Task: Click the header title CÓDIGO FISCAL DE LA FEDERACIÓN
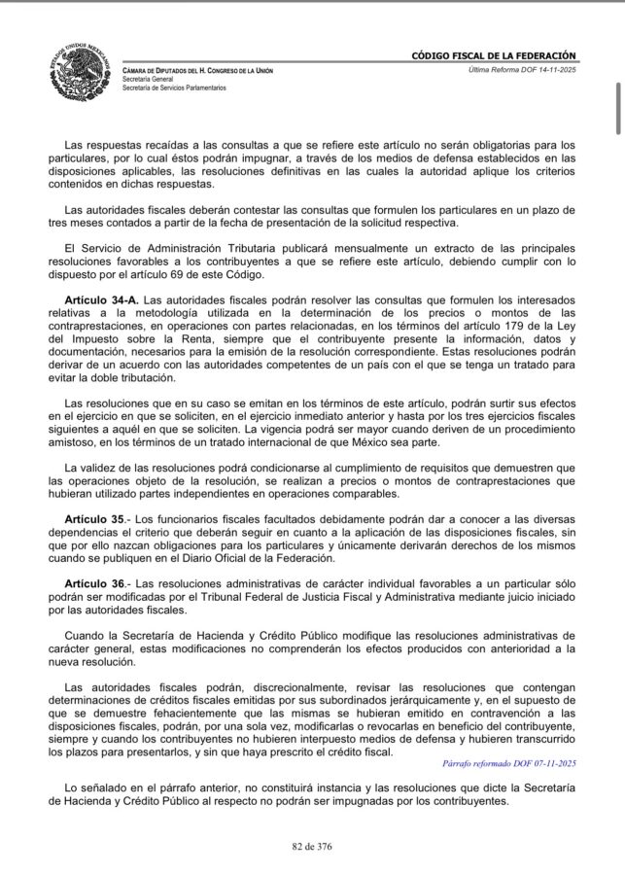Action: click(x=495, y=56)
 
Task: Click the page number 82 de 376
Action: click(x=312, y=846)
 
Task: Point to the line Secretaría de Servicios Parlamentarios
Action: click(x=174, y=88)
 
